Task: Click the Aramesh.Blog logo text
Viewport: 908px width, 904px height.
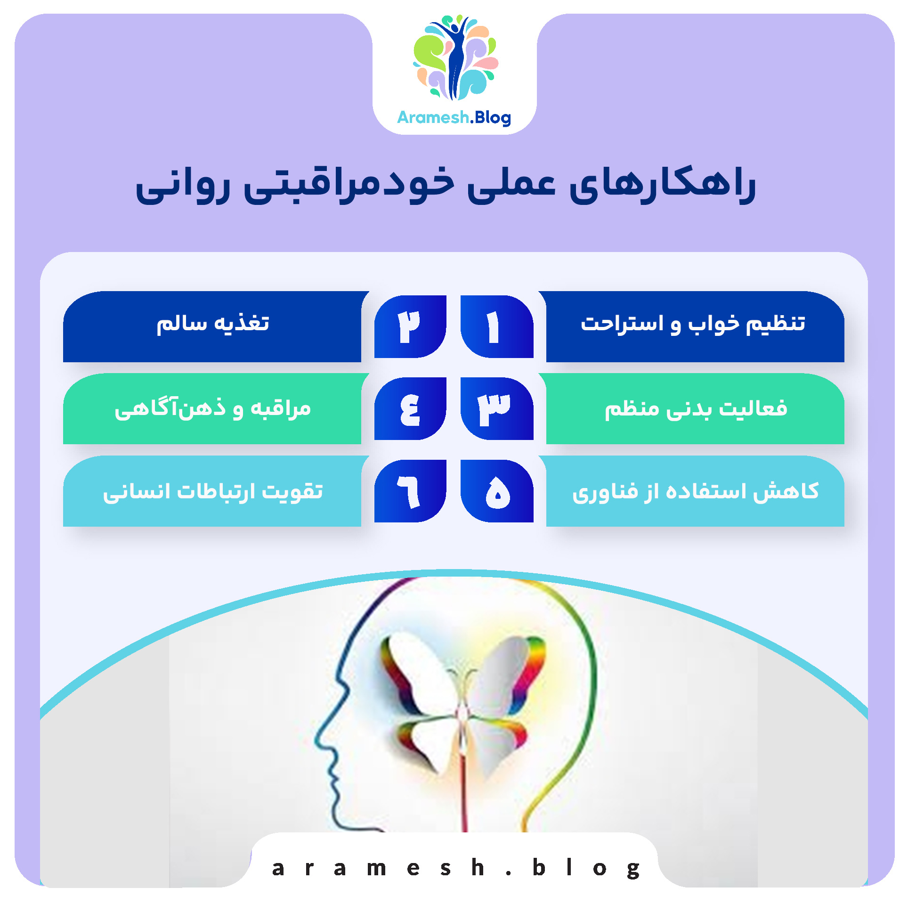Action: (x=454, y=117)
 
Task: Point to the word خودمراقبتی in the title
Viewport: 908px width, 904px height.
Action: (x=349, y=185)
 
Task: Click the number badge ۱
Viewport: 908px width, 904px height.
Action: (x=496, y=326)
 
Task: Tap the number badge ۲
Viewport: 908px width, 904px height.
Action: (x=410, y=326)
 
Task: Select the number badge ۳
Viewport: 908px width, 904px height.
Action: (x=496, y=408)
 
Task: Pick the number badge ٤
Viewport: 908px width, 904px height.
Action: (x=410, y=408)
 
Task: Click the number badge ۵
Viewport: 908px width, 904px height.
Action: (x=497, y=491)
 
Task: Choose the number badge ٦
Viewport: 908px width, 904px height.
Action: (x=410, y=491)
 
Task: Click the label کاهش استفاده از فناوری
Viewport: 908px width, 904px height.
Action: (x=695, y=491)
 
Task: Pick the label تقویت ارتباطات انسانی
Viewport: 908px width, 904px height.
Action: (x=213, y=491)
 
